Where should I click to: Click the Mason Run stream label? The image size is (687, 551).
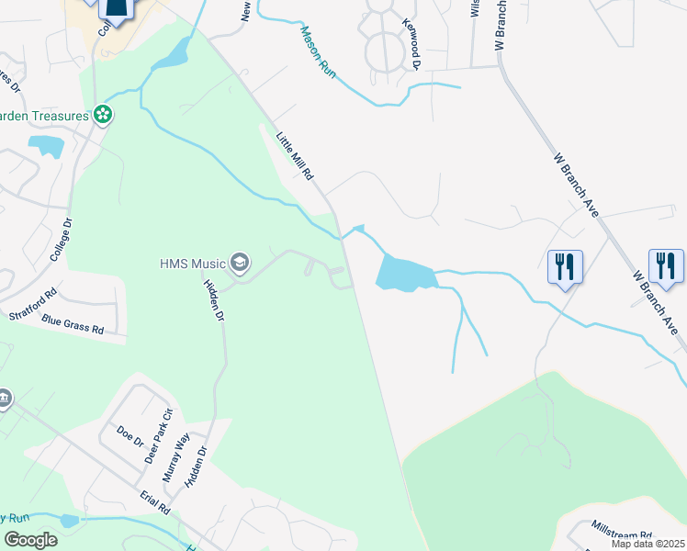click(x=318, y=50)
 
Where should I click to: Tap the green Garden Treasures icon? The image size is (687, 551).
click(x=104, y=115)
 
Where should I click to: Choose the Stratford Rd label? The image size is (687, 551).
click(x=33, y=305)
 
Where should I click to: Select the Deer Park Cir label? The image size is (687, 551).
click(x=163, y=423)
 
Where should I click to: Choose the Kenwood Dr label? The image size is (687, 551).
click(x=410, y=41)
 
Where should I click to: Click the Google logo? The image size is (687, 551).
click(x=30, y=539)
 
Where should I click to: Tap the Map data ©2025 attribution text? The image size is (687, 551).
click(x=648, y=544)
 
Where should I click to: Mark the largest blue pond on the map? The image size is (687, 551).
click(x=403, y=274)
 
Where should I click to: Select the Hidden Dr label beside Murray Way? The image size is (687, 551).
click(x=197, y=469)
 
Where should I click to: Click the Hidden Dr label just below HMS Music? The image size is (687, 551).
click(x=213, y=300)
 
